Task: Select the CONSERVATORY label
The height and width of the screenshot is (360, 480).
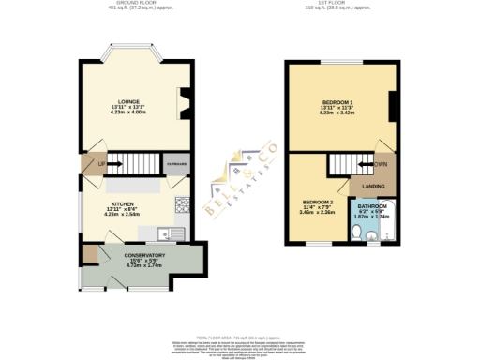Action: coord(143,254)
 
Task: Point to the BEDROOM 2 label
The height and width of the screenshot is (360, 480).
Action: coord(318,202)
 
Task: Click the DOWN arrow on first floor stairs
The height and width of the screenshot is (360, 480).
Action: coord(379,165)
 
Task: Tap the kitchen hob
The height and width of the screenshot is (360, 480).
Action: coord(180,202)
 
